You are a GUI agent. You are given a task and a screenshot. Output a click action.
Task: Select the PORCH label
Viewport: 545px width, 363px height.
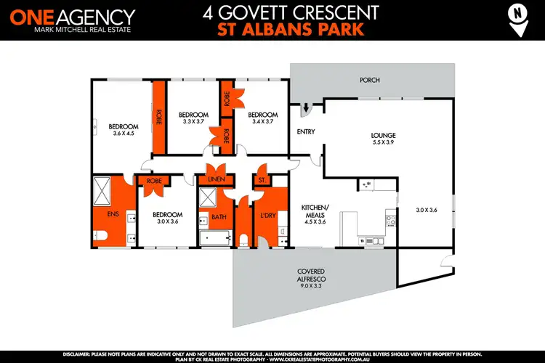point(370,80)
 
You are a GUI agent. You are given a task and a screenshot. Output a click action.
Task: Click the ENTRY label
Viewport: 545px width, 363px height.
point(305,131)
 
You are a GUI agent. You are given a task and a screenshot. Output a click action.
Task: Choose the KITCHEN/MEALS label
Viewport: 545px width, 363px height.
point(315,211)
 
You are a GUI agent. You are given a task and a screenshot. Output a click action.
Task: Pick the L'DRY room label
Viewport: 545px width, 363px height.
point(267,216)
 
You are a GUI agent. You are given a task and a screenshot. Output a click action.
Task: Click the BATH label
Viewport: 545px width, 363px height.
point(219,216)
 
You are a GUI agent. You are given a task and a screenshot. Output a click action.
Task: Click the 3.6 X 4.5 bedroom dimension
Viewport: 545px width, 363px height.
point(124,133)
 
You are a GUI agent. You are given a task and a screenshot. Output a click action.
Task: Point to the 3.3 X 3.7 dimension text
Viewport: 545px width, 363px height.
point(194,122)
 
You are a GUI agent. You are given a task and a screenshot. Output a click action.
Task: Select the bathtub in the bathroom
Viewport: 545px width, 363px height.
point(216,237)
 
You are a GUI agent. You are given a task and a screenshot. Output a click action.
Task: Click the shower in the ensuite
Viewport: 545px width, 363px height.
point(102,191)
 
